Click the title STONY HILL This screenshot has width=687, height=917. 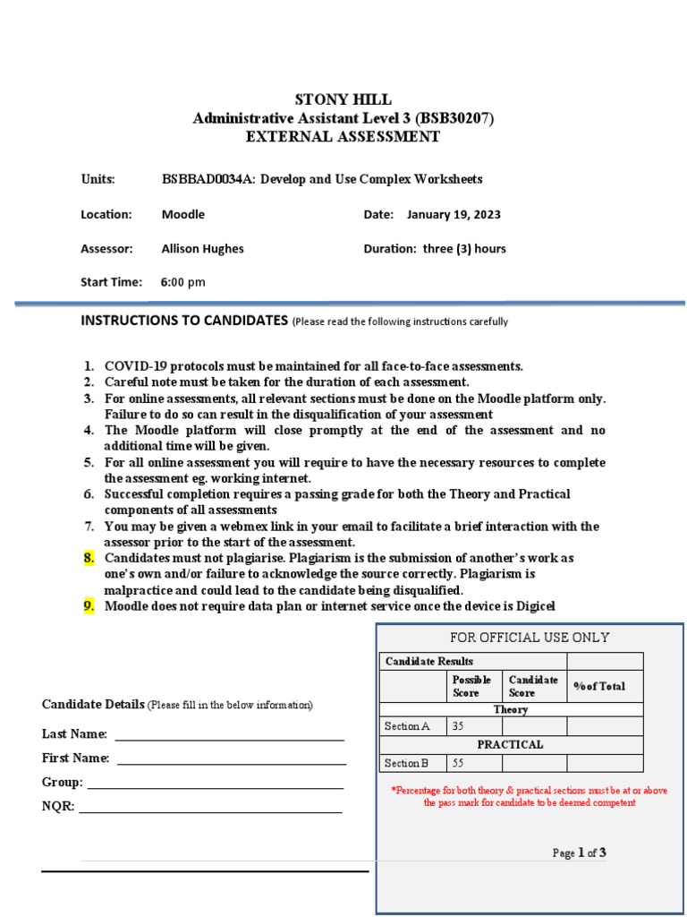(343, 99)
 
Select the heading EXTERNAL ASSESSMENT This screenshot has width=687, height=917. (343, 137)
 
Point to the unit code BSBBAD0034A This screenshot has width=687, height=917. (201, 179)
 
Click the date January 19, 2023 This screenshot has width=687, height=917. (454, 214)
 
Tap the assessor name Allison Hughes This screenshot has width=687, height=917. (202, 249)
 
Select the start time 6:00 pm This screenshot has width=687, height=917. (182, 282)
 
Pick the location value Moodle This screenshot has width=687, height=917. (182, 214)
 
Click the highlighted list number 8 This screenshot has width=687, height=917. (89, 558)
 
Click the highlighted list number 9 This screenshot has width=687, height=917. (89, 606)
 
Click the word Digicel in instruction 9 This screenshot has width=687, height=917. (533, 606)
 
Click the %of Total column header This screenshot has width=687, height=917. (598, 686)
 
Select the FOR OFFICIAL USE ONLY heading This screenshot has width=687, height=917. (530, 638)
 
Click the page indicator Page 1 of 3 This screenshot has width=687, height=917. (579, 853)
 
